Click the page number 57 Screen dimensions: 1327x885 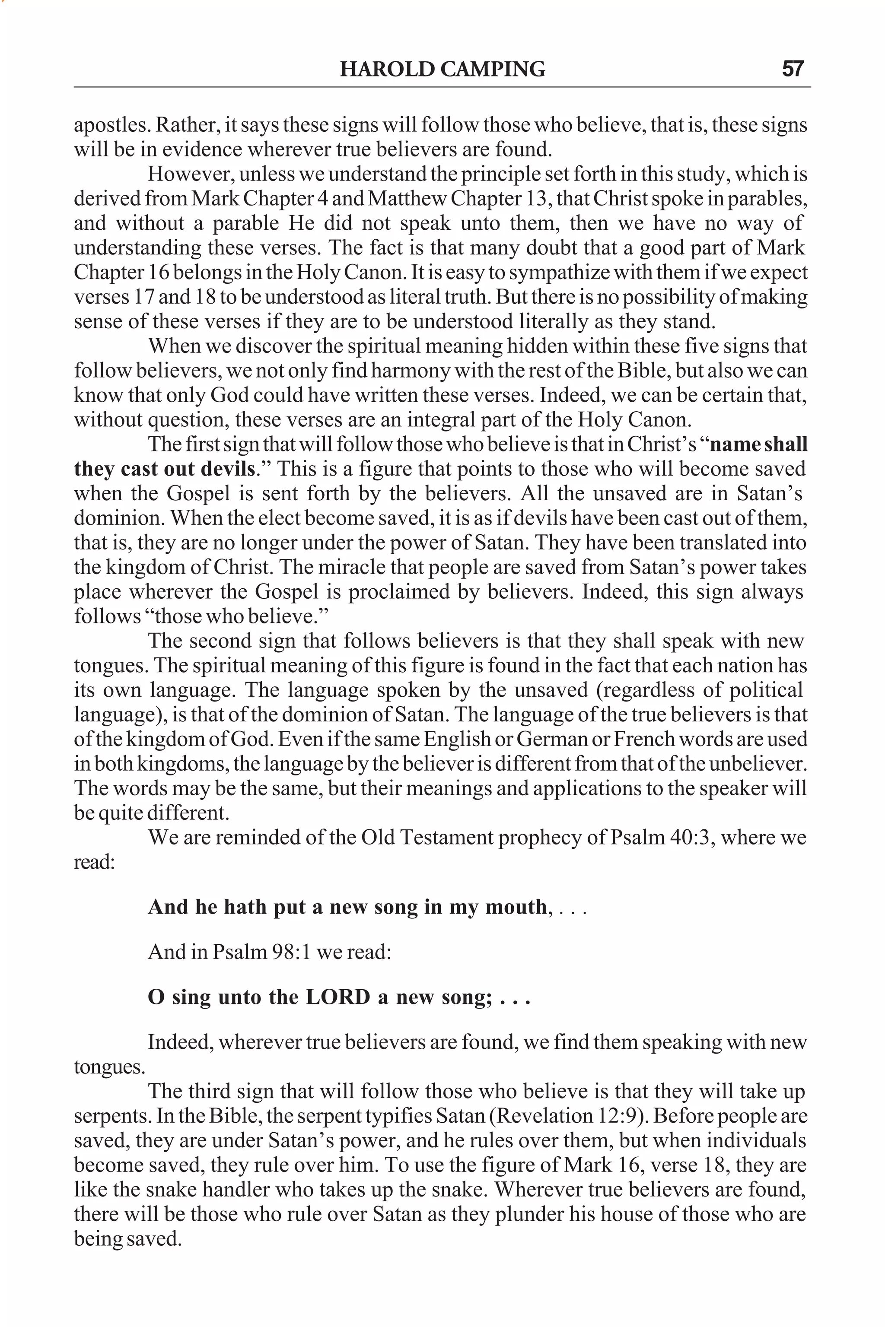[793, 70]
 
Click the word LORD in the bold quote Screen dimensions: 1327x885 [337, 997]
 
